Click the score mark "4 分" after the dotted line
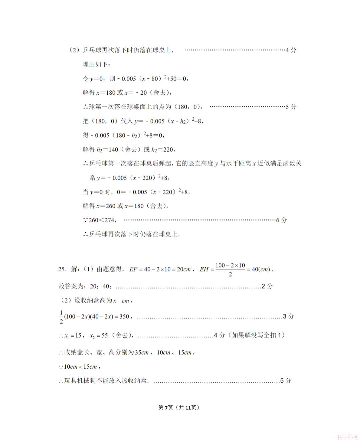291,50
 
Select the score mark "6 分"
282,220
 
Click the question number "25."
62,269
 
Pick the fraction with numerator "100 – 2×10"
230,270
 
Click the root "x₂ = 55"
99,336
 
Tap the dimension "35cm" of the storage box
142,353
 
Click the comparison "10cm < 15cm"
80,367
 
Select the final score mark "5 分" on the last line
286,381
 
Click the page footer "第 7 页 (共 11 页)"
179,408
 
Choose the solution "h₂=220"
163,149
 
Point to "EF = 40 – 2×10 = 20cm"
160,270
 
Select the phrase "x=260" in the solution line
106,206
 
